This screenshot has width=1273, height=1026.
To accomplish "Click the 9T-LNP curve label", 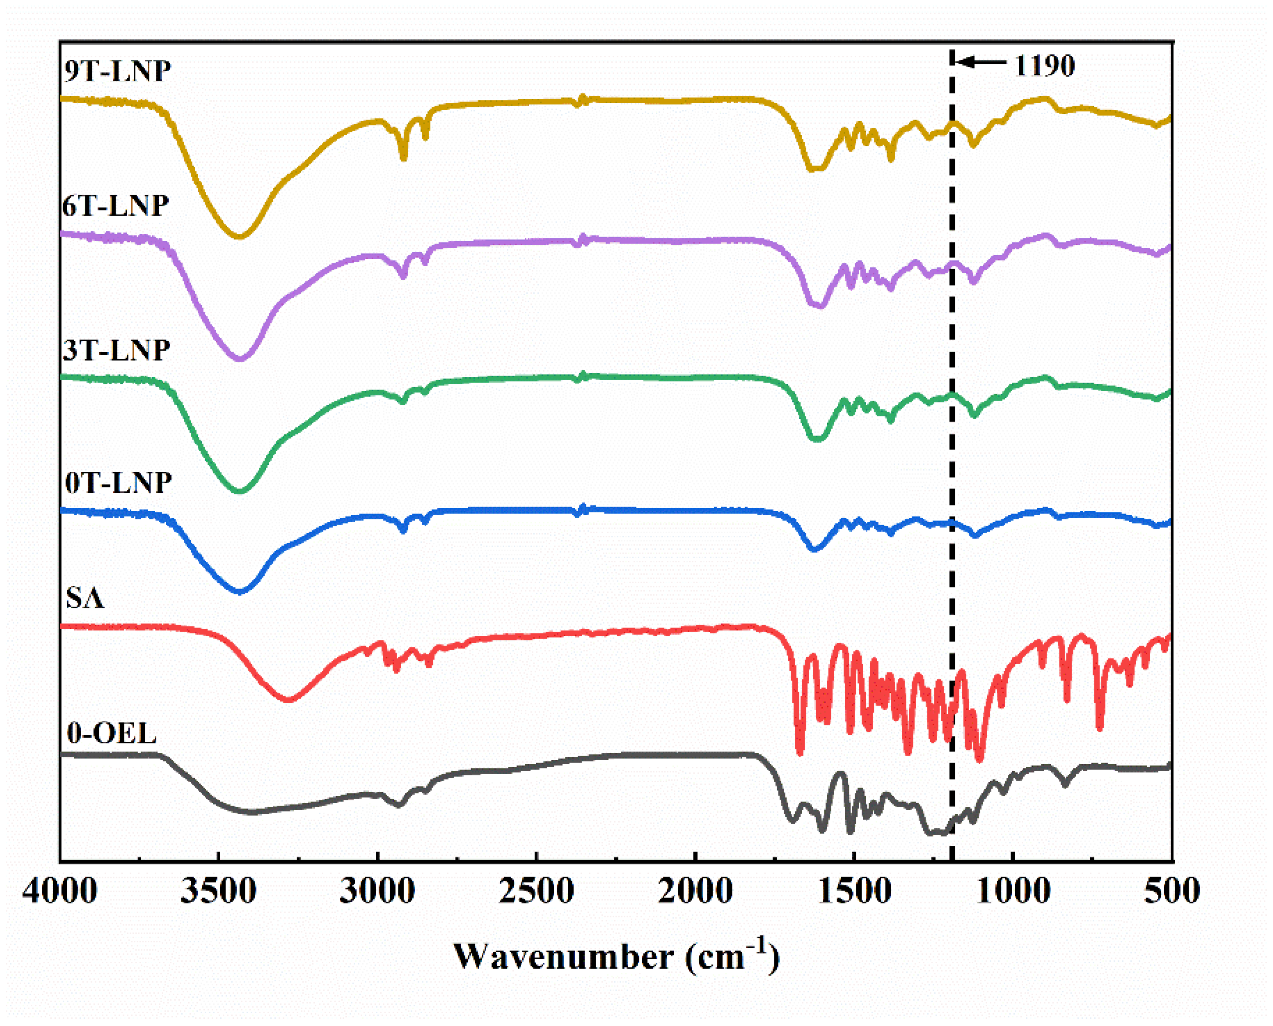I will (117, 70).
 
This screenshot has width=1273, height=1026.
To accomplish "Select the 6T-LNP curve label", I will (116, 206).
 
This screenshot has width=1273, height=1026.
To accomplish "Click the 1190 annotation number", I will (1044, 65).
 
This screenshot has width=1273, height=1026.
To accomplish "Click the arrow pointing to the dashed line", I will (981, 61).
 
